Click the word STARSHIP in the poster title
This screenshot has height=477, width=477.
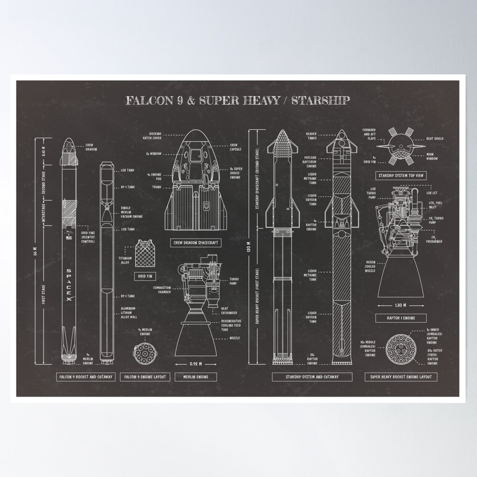point(321,100)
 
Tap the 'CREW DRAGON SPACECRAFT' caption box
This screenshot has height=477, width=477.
point(196,243)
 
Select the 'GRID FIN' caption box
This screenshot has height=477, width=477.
point(145,276)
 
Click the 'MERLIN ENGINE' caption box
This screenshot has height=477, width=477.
point(196,377)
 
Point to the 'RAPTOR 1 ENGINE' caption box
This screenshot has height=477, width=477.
point(401,318)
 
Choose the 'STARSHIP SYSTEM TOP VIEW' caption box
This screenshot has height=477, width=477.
point(401,175)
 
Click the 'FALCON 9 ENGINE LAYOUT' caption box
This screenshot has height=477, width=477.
point(145,377)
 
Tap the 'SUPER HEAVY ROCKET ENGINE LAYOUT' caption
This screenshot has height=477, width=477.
point(401,377)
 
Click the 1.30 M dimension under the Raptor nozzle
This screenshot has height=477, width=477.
point(400,305)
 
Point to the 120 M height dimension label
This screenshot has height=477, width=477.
point(249,246)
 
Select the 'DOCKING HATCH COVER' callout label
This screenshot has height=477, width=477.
point(155,136)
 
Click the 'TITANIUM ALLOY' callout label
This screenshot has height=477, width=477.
point(125,260)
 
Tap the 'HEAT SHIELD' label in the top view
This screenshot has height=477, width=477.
point(435,139)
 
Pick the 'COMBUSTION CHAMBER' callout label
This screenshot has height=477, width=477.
point(162,290)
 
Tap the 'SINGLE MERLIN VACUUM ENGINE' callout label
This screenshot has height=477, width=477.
point(132,212)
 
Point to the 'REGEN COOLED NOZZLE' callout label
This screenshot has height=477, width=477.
point(370,266)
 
